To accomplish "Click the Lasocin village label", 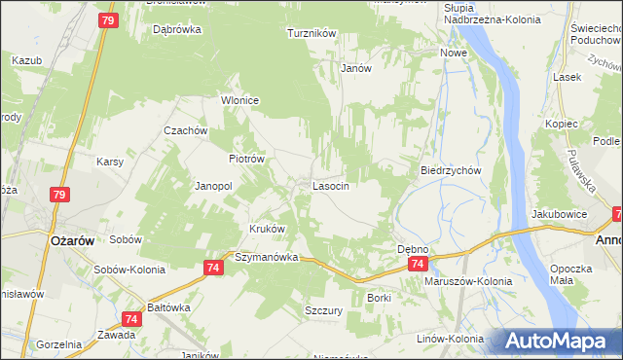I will coord(330,185).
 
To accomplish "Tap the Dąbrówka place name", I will coord(177,29).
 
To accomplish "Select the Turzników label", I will coord(311,33).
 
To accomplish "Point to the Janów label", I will coord(357,68).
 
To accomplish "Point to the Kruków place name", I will coord(268,230).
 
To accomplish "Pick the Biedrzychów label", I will coord(451,169).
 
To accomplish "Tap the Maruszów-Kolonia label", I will coord(468,281).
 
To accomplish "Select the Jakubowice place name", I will coord(559,212).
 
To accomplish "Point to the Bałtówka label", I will coord(167,307).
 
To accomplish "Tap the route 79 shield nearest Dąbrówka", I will coord(107,20).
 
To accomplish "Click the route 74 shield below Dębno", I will coord(417,265).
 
